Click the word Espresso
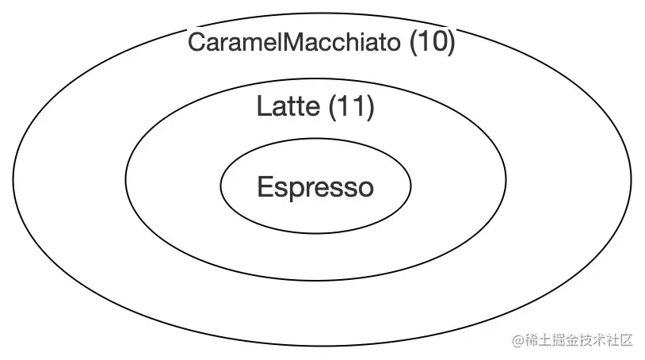pyautogui.click(x=315, y=188)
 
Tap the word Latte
pyautogui.click(x=288, y=106)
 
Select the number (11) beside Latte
pyautogui.click(x=351, y=106)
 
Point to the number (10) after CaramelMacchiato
pyautogui.click(x=432, y=43)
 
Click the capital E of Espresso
pyautogui.click(x=265, y=188)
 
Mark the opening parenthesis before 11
pyautogui.click(x=332, y=106)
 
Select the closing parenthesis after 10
pyautogui.click(x=451, y=43)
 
